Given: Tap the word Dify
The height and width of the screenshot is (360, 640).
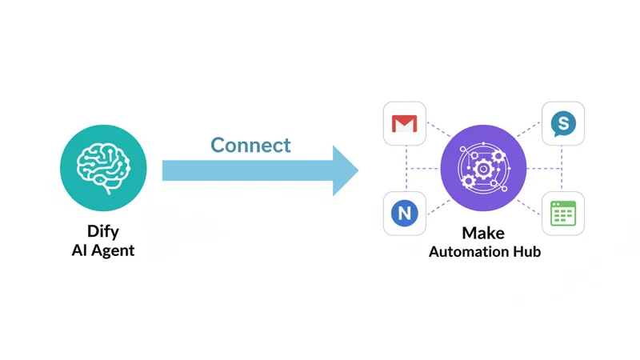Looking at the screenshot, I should (103, 233).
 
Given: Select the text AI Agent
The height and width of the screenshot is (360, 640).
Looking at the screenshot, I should (103, 250).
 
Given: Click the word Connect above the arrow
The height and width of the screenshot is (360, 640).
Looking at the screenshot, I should (250, 145).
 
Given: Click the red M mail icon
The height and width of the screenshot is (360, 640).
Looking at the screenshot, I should (404, 124).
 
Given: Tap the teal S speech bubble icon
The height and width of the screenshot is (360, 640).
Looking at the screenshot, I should (563, 123).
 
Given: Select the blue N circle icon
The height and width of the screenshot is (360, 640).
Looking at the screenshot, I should (404, 214).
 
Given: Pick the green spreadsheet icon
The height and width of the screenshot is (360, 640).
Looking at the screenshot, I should (563, 214).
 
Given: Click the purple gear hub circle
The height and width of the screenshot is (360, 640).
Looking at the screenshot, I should (483, 168).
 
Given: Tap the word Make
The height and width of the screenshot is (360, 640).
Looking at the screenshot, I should (484, 234).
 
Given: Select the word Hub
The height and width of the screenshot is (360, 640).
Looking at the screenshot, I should (526, 252).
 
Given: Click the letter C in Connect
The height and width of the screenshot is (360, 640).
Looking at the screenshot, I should (218, 145).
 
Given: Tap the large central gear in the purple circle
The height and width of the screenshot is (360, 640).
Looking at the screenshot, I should (483, 169).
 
